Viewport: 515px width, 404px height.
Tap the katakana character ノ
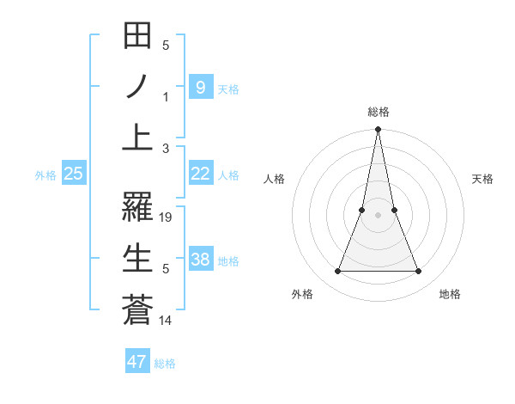(137, 87)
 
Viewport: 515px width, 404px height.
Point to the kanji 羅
(137, 205)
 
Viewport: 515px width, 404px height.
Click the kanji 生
(137, 258)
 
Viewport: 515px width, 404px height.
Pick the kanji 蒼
(137, 309)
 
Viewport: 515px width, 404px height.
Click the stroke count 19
(167, 217)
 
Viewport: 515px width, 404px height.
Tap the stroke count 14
(167, 321)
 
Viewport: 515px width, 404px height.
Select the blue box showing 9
(200, 87)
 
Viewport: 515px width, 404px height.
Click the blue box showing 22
(200, 174)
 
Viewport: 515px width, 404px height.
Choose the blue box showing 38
(200, 260)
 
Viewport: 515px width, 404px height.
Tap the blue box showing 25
(73, 174)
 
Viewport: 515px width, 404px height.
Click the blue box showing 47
(137, 362)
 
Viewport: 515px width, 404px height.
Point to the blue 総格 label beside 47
(165, 364)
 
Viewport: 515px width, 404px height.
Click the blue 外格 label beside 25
(45, 175)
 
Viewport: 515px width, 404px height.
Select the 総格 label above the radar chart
(379, 112)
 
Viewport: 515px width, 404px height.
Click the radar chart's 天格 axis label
(483, 179)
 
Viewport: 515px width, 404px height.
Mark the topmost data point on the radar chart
(379, 131)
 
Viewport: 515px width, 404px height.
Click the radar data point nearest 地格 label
(419, 272)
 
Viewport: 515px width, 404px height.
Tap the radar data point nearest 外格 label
(337, 272)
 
